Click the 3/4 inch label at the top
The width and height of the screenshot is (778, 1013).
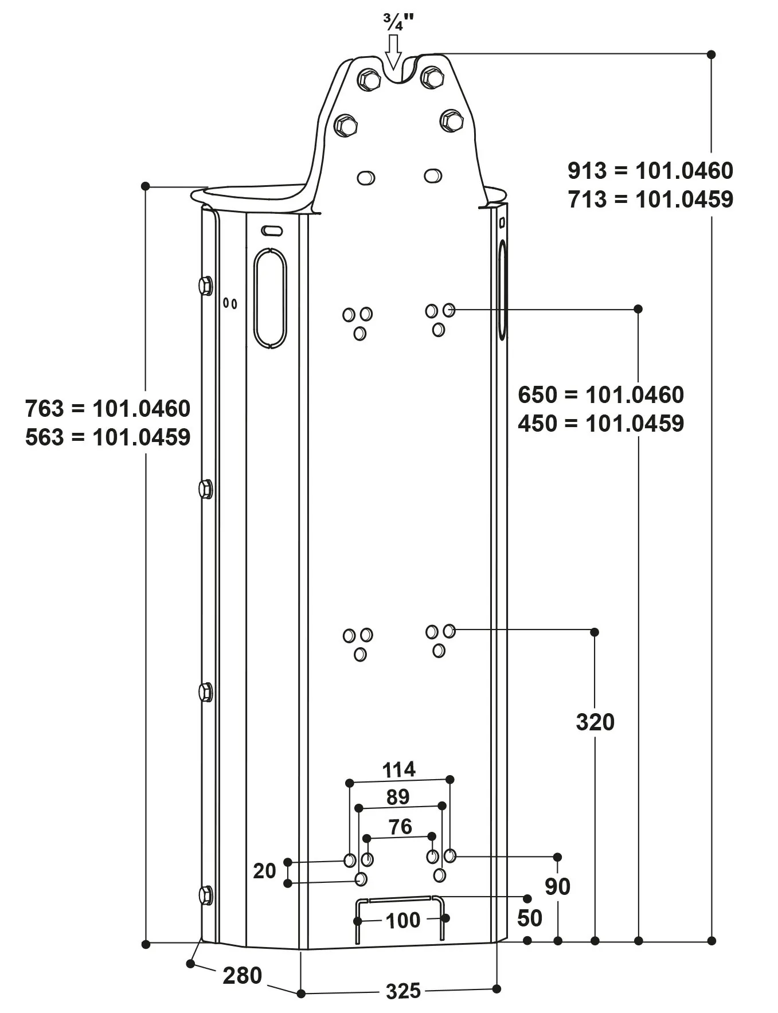(398, 22)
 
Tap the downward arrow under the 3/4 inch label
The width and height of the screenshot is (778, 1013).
(393, 52)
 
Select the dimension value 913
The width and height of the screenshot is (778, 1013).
(587, 171)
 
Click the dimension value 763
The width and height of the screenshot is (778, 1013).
(44, 409)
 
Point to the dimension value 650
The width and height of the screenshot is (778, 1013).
(537, 395)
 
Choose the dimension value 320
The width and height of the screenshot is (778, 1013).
(595, 722)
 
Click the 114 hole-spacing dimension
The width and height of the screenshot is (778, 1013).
(398, 769)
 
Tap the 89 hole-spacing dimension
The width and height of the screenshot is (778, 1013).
(398, 797)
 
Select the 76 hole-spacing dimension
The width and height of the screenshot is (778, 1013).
(400, 827)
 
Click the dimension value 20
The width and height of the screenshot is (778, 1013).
(264, 871)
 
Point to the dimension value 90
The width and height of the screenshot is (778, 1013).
(557, 887)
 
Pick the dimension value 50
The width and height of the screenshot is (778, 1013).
(529, 918)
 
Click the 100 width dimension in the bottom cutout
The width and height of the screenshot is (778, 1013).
(403, 921)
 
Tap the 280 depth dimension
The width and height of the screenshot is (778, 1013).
(242, 976)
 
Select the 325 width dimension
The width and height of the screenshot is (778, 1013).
(403, 991)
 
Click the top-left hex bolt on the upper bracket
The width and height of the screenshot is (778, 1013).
(369, 79)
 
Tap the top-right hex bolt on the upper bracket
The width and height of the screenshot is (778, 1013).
(432, 77)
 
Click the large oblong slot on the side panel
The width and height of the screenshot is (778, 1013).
(270, 298)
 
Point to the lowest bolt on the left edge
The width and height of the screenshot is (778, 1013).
(205, 895)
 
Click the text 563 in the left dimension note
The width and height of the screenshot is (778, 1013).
(44, 437)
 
